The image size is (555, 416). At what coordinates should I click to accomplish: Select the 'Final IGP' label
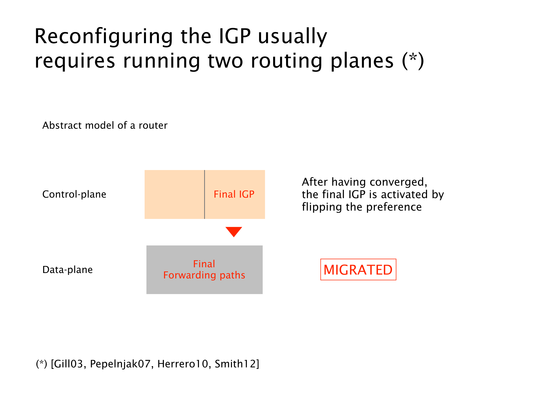(x=234, y=194)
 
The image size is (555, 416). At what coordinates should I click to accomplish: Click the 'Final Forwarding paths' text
(x=204, y=270)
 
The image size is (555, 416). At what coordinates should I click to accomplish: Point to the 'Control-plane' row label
(x=74, y=194)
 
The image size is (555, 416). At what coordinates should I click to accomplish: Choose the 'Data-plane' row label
(x=67, y=270)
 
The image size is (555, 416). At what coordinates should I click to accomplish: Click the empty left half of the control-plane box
(x=174, y=194)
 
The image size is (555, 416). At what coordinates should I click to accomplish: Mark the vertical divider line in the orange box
(x=204, y=194)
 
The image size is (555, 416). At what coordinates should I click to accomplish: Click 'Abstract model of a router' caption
(x=105, y=125)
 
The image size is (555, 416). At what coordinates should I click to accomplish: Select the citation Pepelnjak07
(x=120, y=364)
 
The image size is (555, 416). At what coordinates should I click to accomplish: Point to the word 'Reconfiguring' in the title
(x=104, y=36)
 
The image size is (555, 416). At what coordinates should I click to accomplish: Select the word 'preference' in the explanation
(x=394, y=207)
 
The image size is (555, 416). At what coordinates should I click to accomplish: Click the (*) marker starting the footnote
(x=42, y=364)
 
